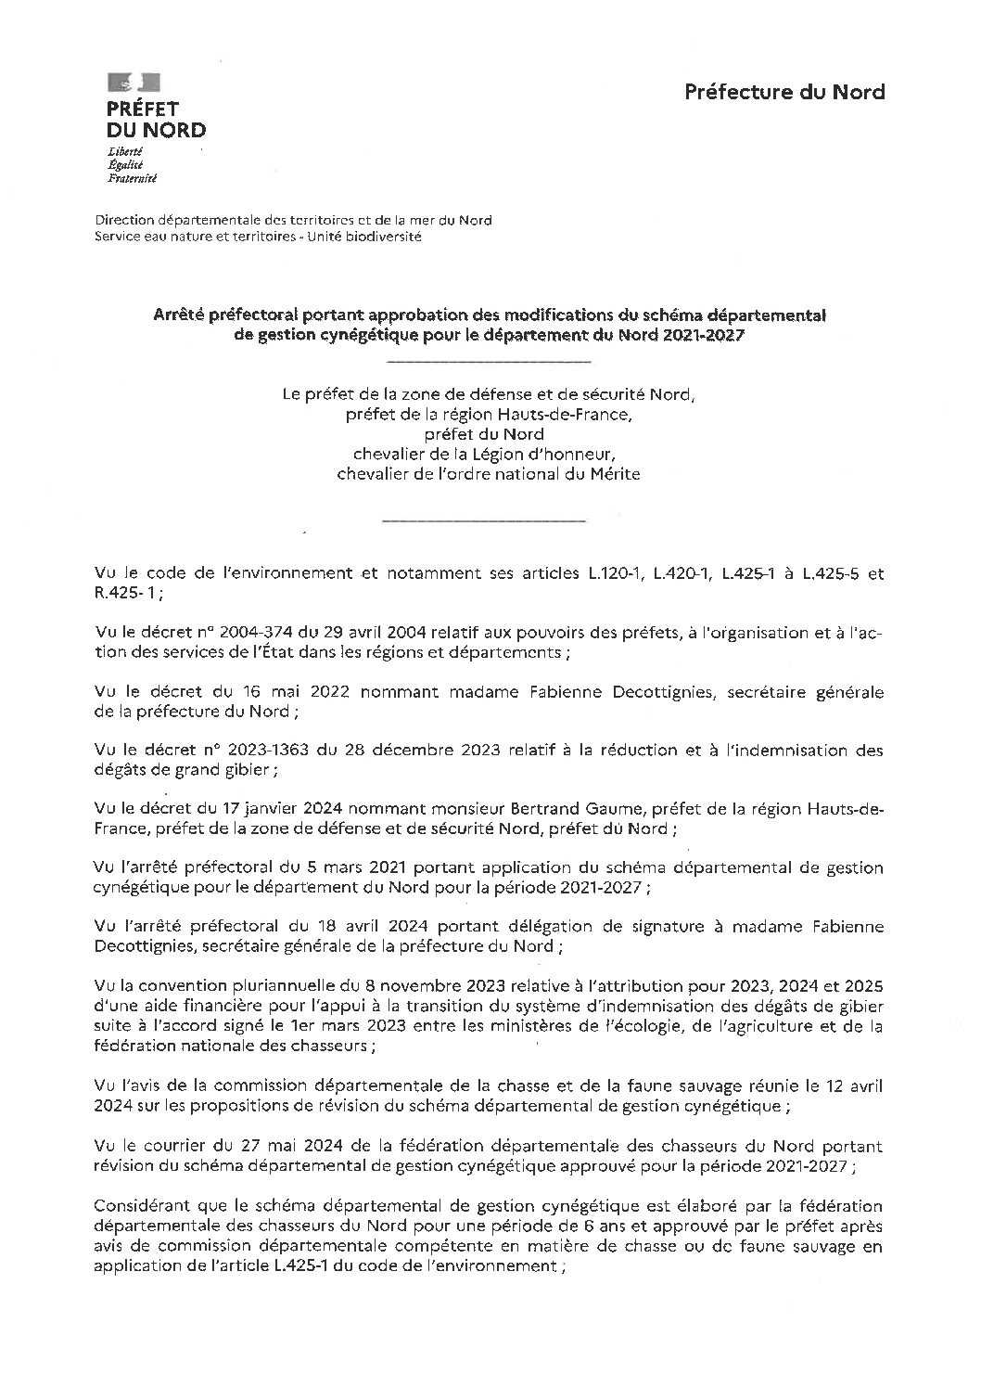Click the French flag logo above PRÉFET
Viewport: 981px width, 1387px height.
pyautogui.click(x=134, y=83)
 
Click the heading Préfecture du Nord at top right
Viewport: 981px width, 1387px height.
pyautogui.click(x=784, y=92)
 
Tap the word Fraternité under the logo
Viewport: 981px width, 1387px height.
pyautogui.click(x=132, y=178)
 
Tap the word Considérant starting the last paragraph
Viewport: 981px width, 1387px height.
pyautogui.click(x=141, y=1204)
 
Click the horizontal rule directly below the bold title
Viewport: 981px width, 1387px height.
pyautogui.click(x=489, y=360)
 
